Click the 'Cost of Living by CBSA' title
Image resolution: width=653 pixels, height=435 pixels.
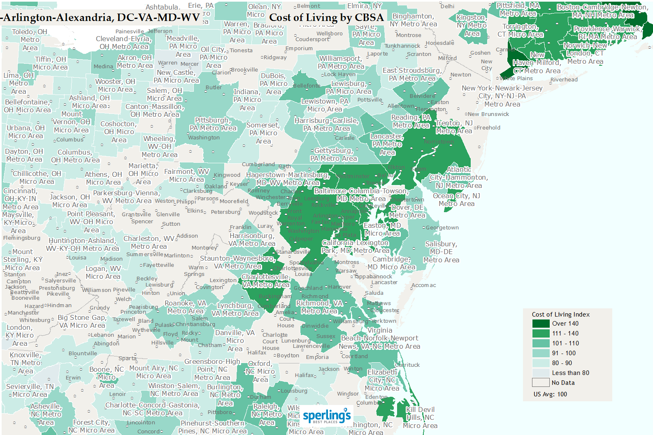pos(326,18)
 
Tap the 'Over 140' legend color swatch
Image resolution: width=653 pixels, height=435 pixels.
pos(541,324)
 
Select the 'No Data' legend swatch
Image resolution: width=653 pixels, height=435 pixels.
pos(541,383)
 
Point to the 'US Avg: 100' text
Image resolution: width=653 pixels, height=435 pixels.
pos(550,394)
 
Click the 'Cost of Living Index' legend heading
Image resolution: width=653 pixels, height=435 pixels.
pos(560,315)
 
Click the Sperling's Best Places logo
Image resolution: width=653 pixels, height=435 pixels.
pos(327,416)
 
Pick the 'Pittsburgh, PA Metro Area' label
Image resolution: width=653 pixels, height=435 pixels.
pos(213,124)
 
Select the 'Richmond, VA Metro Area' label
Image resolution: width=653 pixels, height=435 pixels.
pos(319,307)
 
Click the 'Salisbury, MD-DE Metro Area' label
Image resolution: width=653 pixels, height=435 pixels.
pos(441,252)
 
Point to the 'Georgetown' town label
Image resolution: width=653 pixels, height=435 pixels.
pos(442,228)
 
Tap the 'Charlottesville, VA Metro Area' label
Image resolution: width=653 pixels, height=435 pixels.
pos(266,281)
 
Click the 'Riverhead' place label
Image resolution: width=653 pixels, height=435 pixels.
pos(564,80)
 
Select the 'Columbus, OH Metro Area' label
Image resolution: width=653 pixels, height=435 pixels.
pos(75,156)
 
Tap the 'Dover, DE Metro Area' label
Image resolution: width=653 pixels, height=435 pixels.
pos(407,211)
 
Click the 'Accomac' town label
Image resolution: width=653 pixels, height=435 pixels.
pos(424,285)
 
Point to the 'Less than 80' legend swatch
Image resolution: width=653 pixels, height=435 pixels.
pos(541,373)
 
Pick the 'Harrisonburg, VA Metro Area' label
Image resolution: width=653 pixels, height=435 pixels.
pos(252,240)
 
